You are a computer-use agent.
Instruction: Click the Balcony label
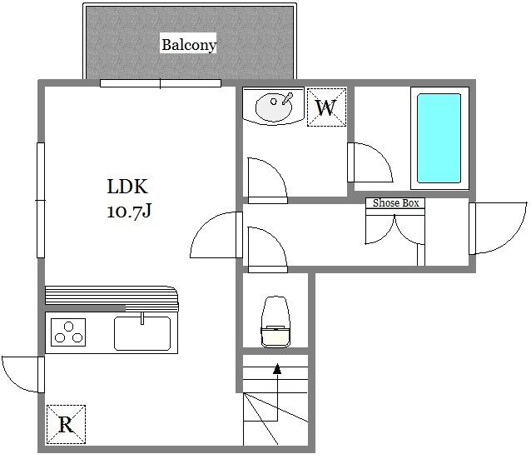pyautogui.click(x=189, y=44)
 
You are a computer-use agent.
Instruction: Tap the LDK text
pyautogui.click(x=127, y=186)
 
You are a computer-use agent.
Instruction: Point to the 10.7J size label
pyautogui.click(x=129, y=211)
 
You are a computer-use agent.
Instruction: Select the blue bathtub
pyautogui.click(x=439, y=138)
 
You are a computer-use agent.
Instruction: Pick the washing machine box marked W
pyautogui.click(x=326, y=107)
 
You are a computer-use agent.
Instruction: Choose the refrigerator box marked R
pyautogui.click(x=66, y=424)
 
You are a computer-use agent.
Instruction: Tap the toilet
pyautogui.click(x=275, y=322)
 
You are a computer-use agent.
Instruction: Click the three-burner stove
pyautogui.click(x=68, y=332)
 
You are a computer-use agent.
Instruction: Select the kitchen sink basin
pyautogui.click(x=142, y=333)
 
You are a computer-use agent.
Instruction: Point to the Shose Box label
pyautogui.click(x=395, y=203)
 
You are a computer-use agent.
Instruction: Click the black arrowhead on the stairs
pyautogui.click(x=277, y=369)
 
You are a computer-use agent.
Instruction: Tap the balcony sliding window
pyautogui.click(x=161, y=83)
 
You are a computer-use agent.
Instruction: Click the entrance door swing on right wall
pyautogui.click(x=498, y=228)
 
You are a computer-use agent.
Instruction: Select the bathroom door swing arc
pyautogui.click(x=370, y=162)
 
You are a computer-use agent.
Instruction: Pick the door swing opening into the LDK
pyautogui.click(x=216, y=235)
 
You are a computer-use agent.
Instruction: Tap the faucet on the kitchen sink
pyautogui.click(x=142, y=318)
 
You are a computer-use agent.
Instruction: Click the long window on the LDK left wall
pyautogui.click(x=41, y=200)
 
